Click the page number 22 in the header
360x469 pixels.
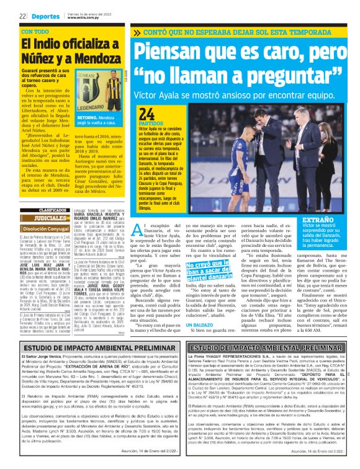tap(22, 16)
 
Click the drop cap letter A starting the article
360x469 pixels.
tap(138, 230)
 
